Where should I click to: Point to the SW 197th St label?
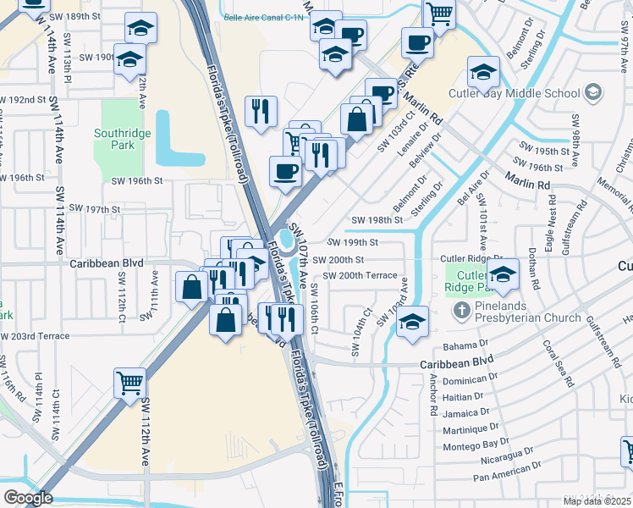[95, 208]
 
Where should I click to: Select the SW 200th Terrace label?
[360, 276]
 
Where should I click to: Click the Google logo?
[28, 498]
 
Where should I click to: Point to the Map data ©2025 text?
[597, 501]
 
